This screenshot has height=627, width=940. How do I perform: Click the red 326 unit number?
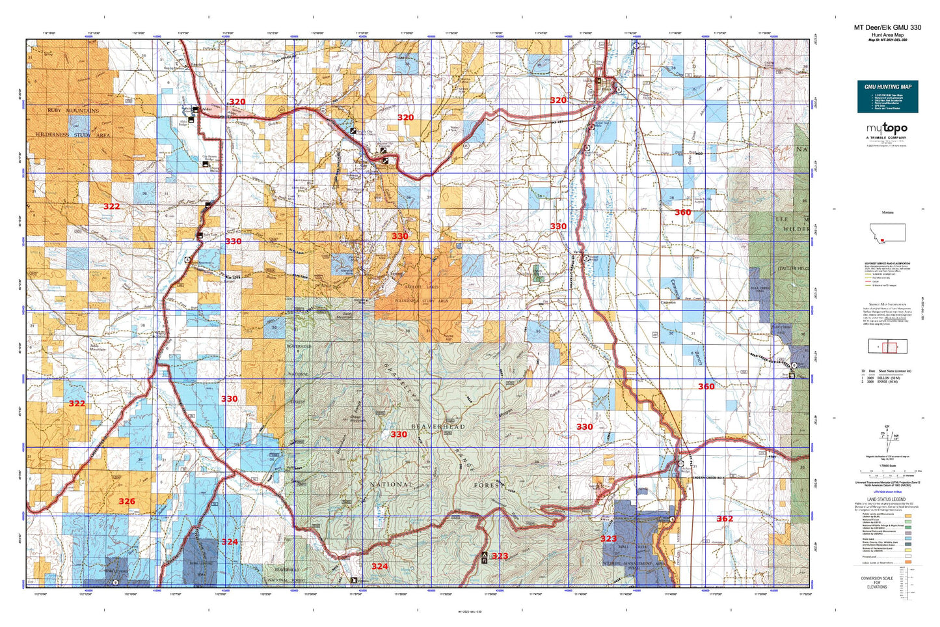coord(127,501)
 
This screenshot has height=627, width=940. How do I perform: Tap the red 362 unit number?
coord(725,519)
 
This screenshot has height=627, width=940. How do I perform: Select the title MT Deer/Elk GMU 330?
coord(887,27)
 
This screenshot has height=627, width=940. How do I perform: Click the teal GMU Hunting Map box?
coord(887,96)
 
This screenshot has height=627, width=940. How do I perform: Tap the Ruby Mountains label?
coord(73,111)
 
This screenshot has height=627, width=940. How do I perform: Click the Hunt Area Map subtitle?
coord(887,35)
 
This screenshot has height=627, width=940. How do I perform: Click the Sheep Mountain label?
coord(358,419)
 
